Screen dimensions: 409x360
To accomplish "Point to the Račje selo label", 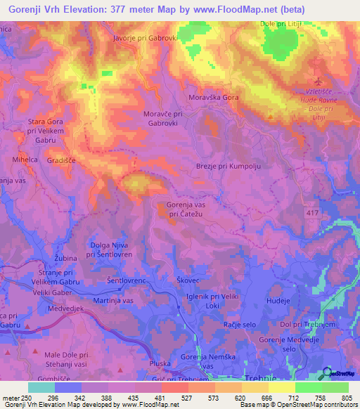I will click(x=239, y=327).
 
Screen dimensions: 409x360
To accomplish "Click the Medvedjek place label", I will click(x=66, y=309).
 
